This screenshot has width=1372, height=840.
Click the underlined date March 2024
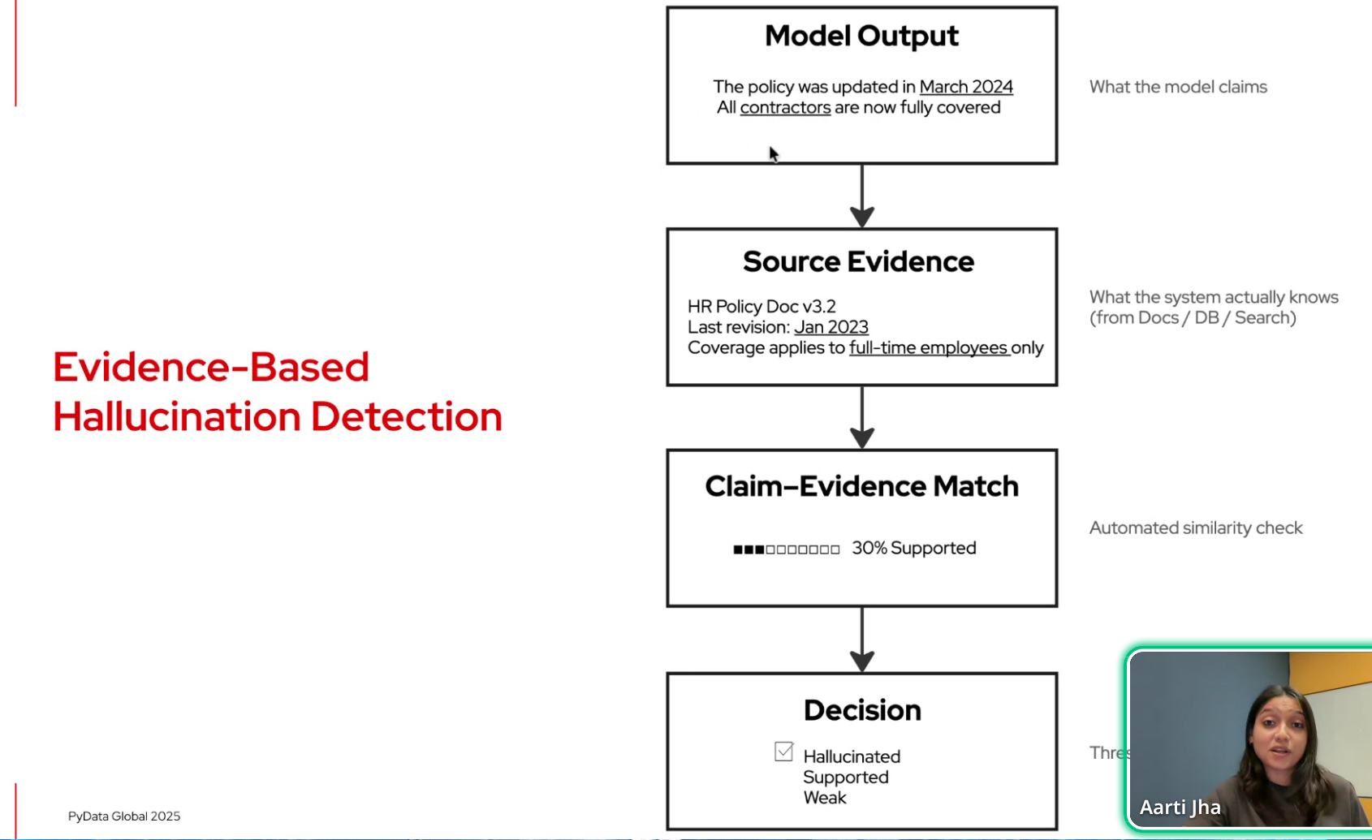[965, 87]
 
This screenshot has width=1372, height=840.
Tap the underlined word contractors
[784, 108]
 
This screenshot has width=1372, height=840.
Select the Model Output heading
[861, 36]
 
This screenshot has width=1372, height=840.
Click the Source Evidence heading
[858, 261]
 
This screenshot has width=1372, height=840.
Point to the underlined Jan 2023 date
[831, 327]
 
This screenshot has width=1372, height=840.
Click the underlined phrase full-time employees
[928, 348]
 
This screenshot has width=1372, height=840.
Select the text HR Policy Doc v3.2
[761, 306]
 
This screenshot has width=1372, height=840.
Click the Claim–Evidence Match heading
[861, 486]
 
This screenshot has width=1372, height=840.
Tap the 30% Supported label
[913, 549]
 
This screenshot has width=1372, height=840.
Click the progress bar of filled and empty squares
[786, 549]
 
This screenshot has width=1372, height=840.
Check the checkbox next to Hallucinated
[783, 752]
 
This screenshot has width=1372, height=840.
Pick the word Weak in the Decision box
[824, 798]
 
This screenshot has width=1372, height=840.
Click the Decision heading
[861, 710]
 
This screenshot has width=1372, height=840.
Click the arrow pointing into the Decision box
[861, 640]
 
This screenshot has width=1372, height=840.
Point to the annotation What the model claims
[1177, 87]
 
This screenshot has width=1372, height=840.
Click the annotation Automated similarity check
[1195, 528]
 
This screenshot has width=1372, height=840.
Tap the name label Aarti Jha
[1179, 808]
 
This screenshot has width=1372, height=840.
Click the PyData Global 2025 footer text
[123, 816]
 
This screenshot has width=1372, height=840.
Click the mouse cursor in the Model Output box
[774, 154]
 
